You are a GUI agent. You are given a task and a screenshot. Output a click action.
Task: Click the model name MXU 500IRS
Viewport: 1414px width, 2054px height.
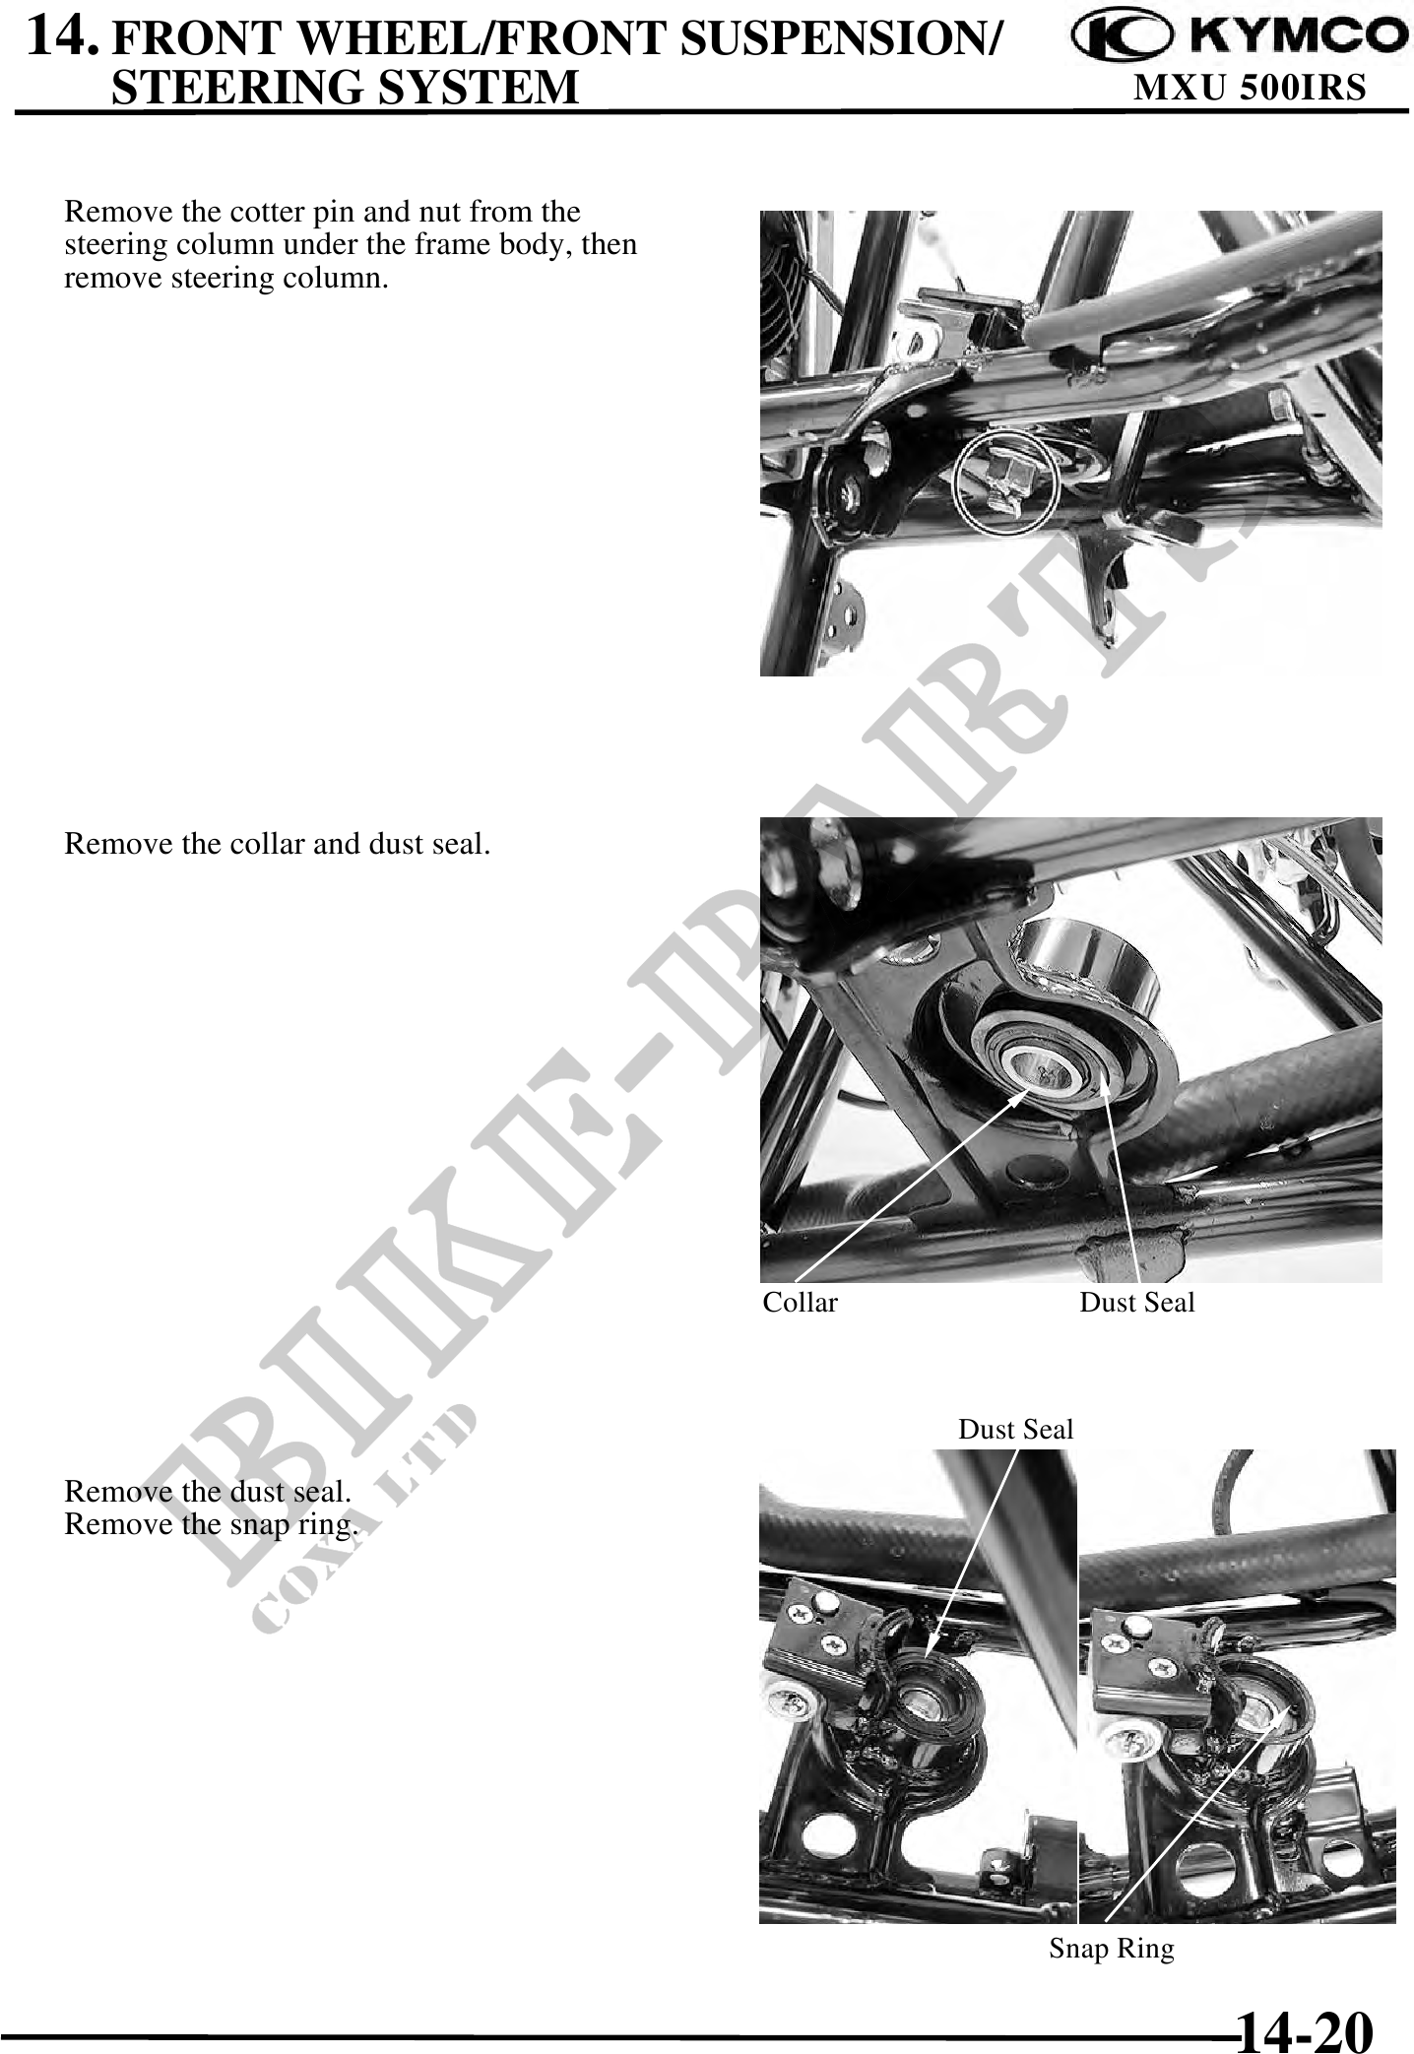(1250, 88)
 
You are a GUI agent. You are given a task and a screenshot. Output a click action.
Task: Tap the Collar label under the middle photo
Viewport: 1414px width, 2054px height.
(800, 1303)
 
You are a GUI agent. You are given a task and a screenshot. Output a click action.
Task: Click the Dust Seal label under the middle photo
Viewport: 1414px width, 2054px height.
(1136, 1303)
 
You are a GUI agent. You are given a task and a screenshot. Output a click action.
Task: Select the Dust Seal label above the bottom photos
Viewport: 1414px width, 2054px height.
(1015, 1429)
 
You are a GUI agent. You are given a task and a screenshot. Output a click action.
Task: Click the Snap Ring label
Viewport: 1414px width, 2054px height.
(1111, 1949)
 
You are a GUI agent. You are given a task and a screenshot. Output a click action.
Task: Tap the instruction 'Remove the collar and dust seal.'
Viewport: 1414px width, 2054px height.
(277, 844)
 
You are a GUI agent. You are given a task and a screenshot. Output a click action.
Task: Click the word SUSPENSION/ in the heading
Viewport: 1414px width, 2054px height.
(839, 37)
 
